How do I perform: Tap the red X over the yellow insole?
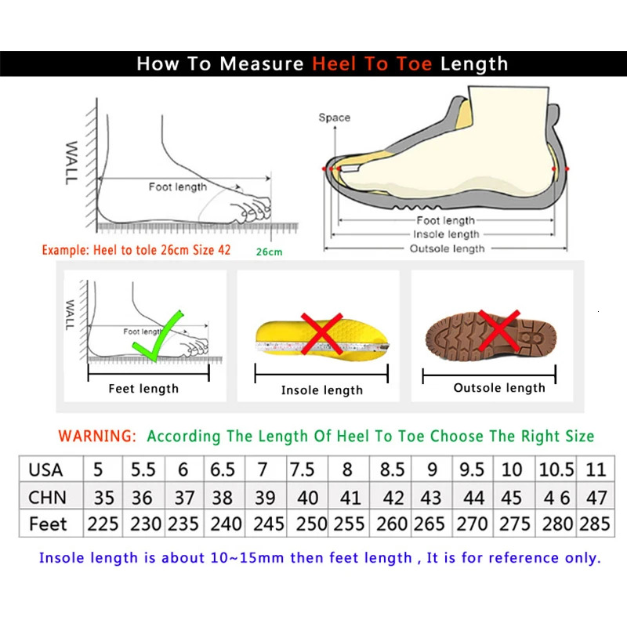321,334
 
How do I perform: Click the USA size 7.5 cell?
303,469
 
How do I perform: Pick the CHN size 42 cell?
393,497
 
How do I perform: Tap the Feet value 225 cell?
103,524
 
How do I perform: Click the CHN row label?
48,497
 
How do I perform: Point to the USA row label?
45,469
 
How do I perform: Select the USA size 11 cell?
596,469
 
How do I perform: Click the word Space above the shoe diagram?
334,118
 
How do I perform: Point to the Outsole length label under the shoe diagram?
447,248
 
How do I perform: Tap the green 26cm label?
269,252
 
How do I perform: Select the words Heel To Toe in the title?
372,63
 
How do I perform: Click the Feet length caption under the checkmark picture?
143,389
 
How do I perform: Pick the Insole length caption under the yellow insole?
322,390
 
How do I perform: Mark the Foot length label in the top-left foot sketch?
178,187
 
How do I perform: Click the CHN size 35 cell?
103,497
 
